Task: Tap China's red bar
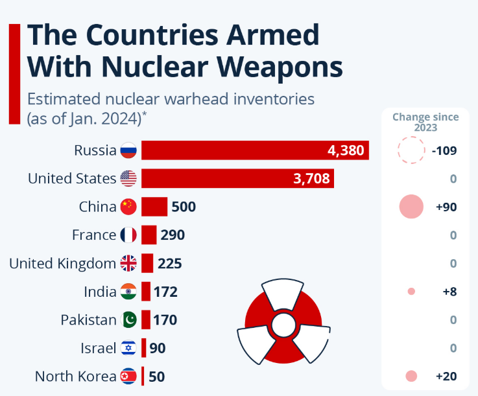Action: pos(154,207)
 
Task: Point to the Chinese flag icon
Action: pos(128,207)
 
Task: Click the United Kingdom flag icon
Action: pos(128,263)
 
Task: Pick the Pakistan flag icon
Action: pos(128,320)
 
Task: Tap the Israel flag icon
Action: pos(128,348)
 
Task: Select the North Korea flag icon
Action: pos(128,376)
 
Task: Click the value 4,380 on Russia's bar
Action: pos(347,151)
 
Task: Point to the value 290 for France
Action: pos(173,235)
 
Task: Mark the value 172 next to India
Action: pos(165,292)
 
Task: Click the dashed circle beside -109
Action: pos(410,151)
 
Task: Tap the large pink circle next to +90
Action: pos(411,207)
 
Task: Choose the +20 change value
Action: pos(446,376)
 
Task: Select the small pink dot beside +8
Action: pos(411,292)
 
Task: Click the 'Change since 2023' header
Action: pos(425,122)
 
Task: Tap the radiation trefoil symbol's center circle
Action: pos(283,323)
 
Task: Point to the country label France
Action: pos(93,235)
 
